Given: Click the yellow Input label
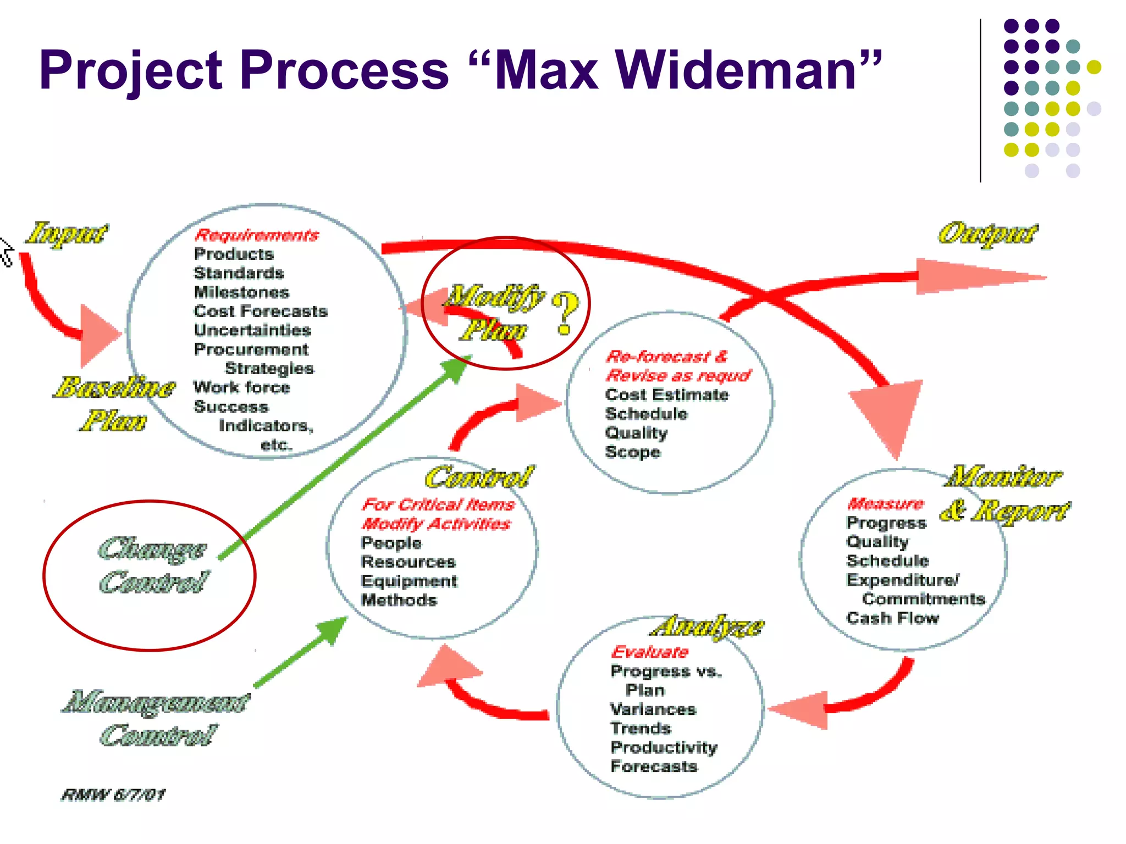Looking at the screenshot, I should pos(68,233).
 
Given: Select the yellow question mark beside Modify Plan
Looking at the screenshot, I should pos(565,313).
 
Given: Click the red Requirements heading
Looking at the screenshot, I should pos(257,235).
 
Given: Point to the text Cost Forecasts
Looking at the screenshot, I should pos(261,311).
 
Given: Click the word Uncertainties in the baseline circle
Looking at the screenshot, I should pos(252,330).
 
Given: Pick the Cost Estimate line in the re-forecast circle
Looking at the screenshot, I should pos(666,395).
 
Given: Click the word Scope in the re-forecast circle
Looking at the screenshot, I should pos(632,452).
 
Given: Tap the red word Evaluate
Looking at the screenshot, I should pos(650,652).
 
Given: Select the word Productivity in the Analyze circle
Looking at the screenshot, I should pos(664,747).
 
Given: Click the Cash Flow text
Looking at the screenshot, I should pos(892,618).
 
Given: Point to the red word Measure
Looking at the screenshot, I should pos(885,503).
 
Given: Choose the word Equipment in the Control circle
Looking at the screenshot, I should pos(409,581).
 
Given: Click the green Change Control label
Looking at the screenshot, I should pos(153,566).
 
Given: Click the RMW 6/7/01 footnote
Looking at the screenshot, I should pos(113,795).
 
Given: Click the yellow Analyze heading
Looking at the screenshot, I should pos(709,626).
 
